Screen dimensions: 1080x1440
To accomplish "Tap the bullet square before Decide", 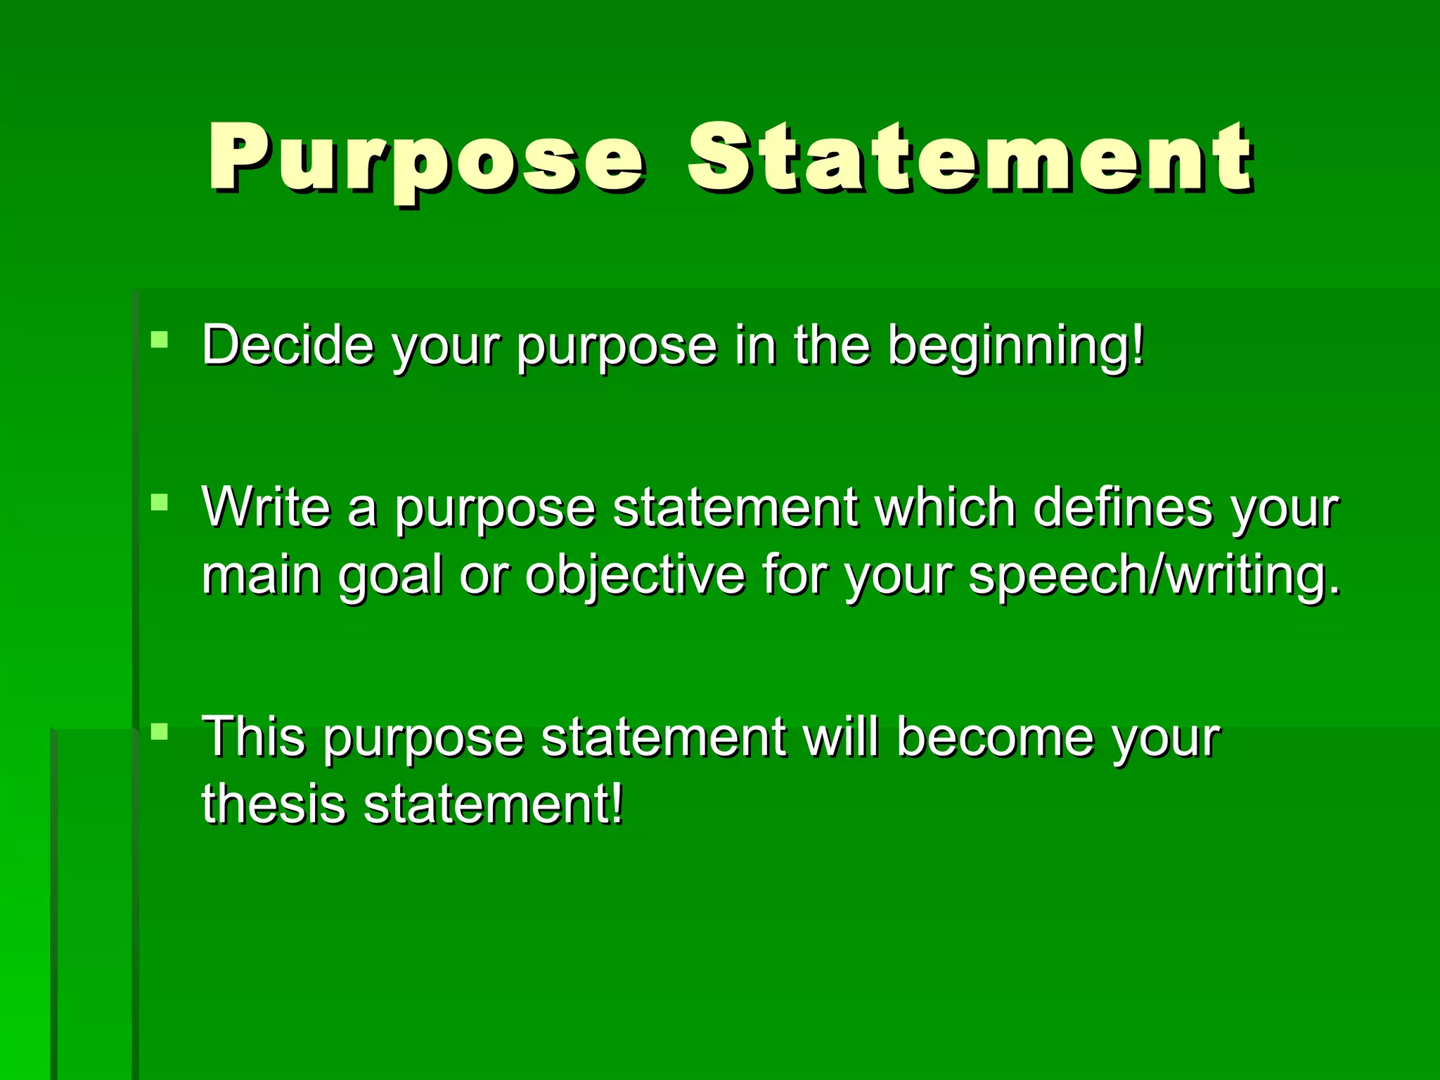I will (x=160, y=340).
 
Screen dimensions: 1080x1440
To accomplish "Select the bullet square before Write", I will (x=160, y=502).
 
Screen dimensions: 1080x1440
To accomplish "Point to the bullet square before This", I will (x=160, y=732).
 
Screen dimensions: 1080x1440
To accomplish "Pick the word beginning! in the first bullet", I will (x=1017, y=346).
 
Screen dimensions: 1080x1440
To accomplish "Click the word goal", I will (x=390, y=575).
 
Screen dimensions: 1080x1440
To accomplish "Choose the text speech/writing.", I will (x=1154, y=575).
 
